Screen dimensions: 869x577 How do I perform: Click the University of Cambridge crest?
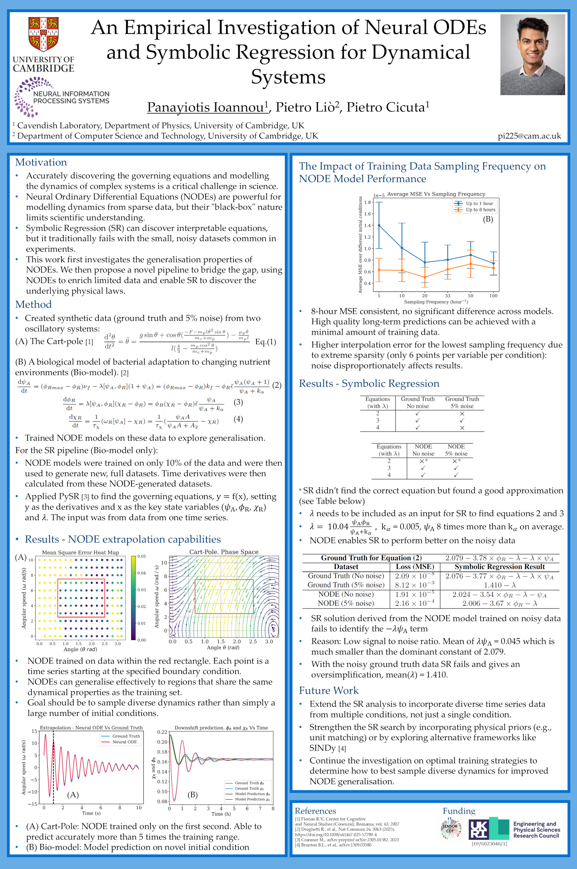pos(43,34)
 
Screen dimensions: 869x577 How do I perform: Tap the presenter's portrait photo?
pos(532,55)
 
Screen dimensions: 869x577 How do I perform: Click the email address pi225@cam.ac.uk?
pos(529,136)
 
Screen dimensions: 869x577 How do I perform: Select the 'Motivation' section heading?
pos(41,162)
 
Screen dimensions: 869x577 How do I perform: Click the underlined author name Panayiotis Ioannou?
pos(206,107)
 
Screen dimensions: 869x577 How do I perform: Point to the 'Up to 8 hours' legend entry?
pos(480,210)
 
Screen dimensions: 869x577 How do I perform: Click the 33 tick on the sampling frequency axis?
pos(448,296)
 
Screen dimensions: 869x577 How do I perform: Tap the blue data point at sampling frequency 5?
pos(379,226)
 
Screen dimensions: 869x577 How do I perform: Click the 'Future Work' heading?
pos(328,690)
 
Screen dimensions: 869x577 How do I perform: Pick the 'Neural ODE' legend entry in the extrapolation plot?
pos(124,742)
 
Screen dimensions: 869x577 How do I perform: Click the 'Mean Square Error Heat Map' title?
pos(80,552)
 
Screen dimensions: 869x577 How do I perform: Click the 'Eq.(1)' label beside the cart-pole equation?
pos(265,342)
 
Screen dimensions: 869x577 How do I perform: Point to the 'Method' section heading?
pos(33,304)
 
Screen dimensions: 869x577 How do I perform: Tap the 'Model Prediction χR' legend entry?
pos(252,799)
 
